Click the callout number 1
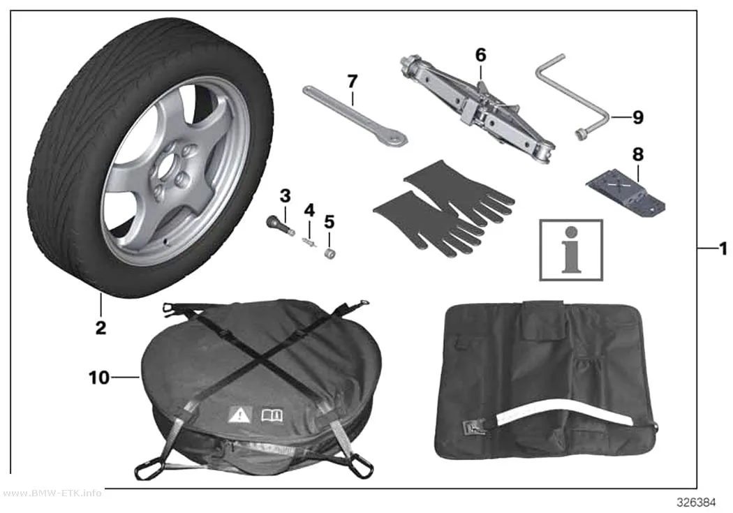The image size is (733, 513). tap(723, 248)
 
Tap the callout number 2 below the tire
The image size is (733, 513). tap(101, 327)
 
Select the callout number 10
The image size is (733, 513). tap(99, 378)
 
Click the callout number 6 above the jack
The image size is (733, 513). tap(480, 55)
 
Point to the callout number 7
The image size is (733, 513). tap(352, 81)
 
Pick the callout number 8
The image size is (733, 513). tap(637, 154)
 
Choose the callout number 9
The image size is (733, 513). tap(637, 117)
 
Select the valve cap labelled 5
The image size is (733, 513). tap(330, 253)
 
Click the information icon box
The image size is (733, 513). tap(571, 250)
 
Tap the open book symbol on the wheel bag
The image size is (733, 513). tap(272, 415)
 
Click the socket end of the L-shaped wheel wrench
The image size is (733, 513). tap(581, 135)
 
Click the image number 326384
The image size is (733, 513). tap(696, 503)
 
